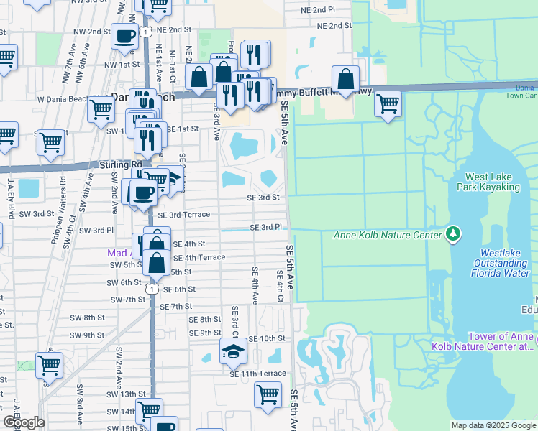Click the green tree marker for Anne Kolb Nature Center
452,233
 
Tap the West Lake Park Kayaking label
492,182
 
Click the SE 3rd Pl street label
265,227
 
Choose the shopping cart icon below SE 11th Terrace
267,394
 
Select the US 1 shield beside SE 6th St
151,288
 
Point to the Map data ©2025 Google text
493,425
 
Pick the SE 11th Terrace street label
257,374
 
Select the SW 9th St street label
87,335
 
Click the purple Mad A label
117,253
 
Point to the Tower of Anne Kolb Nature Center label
501,342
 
